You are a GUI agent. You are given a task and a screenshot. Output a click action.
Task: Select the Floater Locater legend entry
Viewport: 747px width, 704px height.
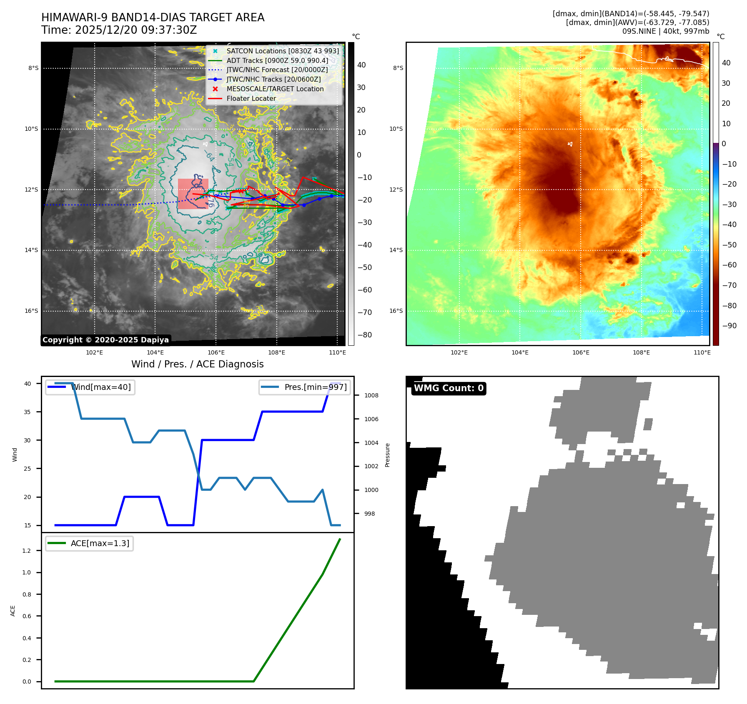[251, 98]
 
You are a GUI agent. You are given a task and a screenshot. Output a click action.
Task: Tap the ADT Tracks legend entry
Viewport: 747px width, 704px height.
[277, 60]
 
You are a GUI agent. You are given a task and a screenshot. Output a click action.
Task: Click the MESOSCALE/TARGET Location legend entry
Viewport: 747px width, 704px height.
[275, 89]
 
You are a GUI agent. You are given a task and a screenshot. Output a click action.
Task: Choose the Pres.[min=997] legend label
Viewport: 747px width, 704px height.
[316, 387]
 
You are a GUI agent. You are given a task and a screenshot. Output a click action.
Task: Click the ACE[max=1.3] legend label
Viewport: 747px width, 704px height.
[100, 543]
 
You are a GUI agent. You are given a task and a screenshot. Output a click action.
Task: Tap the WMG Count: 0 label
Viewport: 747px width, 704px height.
[449, 388]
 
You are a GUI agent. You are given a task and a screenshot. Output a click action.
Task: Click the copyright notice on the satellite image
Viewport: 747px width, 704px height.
[105, 340]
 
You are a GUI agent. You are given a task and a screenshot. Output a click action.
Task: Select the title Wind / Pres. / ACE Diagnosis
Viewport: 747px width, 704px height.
[197, 364]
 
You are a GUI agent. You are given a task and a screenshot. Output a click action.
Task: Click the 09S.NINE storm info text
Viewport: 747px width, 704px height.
[665, 31]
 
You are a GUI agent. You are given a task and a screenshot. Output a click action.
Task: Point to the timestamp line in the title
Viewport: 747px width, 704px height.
[119, 30]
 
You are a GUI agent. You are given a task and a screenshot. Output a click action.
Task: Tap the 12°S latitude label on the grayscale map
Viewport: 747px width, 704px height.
[31, 190]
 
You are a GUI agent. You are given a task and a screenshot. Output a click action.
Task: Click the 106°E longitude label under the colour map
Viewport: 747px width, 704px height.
[581, 352]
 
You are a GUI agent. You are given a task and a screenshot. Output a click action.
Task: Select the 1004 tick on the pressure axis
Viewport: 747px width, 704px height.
[371, 443]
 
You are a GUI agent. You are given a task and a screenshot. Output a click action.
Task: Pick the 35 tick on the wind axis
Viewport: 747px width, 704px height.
[28, 412]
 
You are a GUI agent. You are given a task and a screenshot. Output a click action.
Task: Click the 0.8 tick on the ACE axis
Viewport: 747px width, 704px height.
[27, 594]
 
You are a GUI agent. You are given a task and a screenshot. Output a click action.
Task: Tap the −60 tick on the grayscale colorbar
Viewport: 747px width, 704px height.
[364, 290]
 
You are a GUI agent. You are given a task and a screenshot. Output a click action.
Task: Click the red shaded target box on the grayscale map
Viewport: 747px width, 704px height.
[193, 194]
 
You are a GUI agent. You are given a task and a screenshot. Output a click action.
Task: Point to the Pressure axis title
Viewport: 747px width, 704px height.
[387, 455]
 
